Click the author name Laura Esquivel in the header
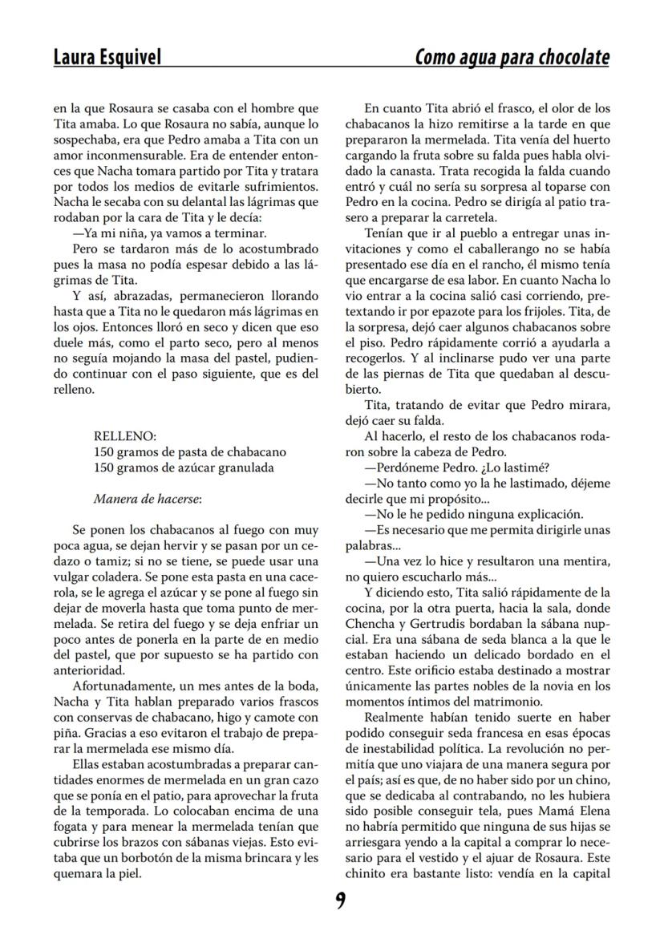click(x=107, y=57)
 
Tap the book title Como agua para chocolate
click(x=512, y=57)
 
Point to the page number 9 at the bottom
click(x=340, y=901)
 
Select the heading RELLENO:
click(x=124, y=436)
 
